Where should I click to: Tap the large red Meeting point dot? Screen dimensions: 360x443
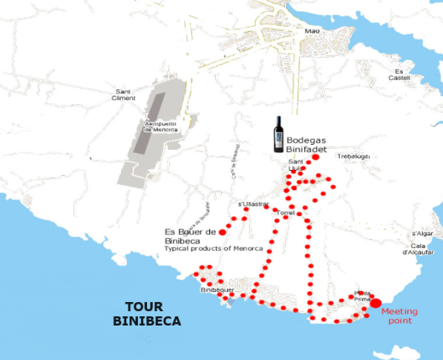376,303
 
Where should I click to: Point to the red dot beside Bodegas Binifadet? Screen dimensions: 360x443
316,157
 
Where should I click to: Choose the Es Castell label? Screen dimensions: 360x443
403,75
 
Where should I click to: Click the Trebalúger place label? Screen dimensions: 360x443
354,156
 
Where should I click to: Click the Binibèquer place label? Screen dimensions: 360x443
217,289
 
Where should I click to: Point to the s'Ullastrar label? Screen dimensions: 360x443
254,204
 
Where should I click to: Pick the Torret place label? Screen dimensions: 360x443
286,213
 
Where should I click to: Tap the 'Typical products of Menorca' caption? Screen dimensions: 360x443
214,249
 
